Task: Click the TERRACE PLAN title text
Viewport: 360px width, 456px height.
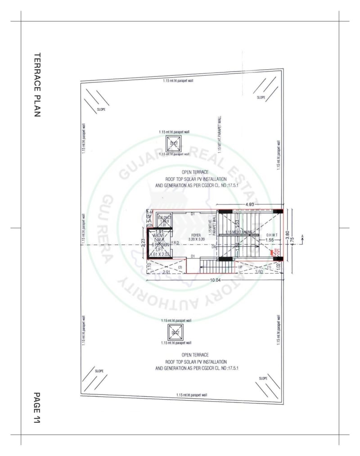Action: (x=38, y=85)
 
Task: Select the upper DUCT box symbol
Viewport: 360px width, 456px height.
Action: (x=174, y=144)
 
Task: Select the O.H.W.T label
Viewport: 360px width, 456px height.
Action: (x=273, y=235)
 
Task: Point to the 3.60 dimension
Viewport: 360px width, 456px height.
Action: (x=259, y=271)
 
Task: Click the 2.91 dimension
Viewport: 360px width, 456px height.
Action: (x=166, y=272)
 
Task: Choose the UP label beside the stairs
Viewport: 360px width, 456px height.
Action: (x=240, y=267)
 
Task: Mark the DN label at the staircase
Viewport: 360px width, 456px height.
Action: (x=214, y=247)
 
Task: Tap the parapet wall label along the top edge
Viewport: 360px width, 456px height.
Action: (x=178, y=81)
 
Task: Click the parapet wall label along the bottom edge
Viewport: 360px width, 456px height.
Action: (x=192, y=395)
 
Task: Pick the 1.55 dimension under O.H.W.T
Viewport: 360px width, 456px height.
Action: (x=269, y=240)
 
